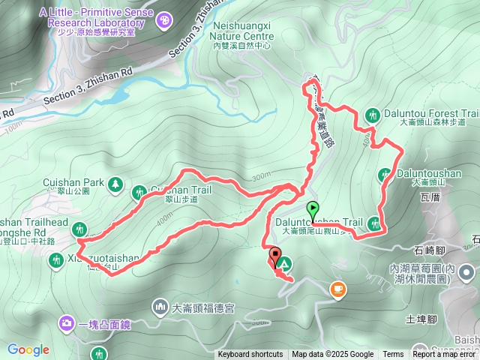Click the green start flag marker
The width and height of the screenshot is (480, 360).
(313, 209)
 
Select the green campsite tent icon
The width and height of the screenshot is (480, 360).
(284, 263)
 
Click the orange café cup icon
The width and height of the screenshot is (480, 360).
(338, 287)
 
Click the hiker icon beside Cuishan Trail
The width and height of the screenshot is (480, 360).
(139, 193)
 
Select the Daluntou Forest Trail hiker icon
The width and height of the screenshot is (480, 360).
(373, 115)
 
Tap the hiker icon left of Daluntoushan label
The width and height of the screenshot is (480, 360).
(385, 174)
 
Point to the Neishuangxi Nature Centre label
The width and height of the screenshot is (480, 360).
(241, 34)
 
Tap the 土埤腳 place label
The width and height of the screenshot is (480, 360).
(421, 319)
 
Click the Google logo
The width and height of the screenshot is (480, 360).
(28, 349)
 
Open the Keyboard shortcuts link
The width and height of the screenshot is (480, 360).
(250, 355)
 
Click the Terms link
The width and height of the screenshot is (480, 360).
(393, 355)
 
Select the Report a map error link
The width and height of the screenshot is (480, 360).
(445, 355)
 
